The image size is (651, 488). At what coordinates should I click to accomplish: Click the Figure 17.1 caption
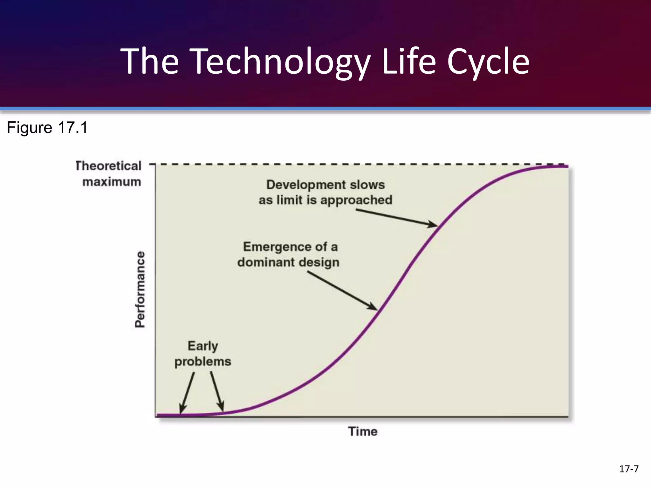[47, 128]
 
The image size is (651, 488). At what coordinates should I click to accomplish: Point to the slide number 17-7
[629, 469]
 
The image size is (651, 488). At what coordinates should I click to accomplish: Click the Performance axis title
[140, 289]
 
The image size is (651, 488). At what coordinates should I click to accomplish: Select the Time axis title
[363, 431]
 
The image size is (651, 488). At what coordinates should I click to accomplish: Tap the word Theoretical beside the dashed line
[108, 166]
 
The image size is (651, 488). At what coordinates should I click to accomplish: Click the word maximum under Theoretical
[112, 182]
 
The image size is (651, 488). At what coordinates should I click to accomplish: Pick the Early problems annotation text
[202, 354]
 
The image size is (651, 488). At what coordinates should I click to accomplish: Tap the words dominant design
[288, 262]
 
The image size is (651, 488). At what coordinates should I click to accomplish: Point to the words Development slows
[325, 185]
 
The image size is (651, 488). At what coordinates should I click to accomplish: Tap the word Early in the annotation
[202, 346]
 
